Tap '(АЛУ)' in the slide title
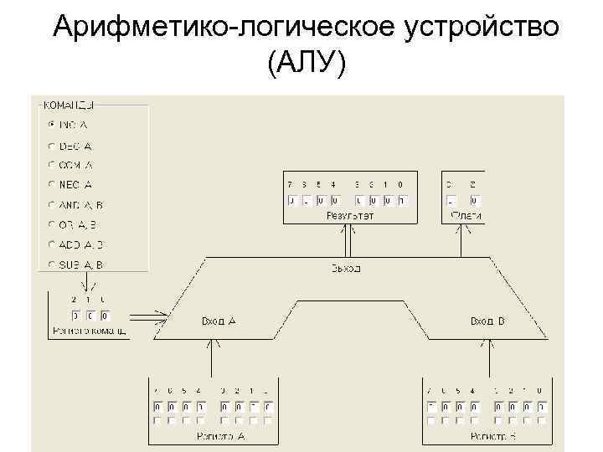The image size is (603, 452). point(305,66)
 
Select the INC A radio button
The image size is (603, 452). point(52,125)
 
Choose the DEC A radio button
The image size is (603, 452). point(52,145)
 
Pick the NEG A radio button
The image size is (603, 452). point(52,184)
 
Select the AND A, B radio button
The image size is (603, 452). point(52,204)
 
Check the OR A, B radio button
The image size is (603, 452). point(52,224)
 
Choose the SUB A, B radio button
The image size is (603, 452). point(52,265)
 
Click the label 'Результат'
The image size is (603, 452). point(349,216)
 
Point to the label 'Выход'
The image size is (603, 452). point(345,269)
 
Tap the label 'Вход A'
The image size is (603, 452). point(219,321)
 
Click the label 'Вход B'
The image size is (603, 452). point(487,321)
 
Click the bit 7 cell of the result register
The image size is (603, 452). point(291,201)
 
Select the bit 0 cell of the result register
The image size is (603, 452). point(402,201)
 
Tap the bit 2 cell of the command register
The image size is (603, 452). point(75,316)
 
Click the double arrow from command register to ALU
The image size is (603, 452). point(150,317)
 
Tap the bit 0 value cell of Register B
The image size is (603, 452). point(540,406)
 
